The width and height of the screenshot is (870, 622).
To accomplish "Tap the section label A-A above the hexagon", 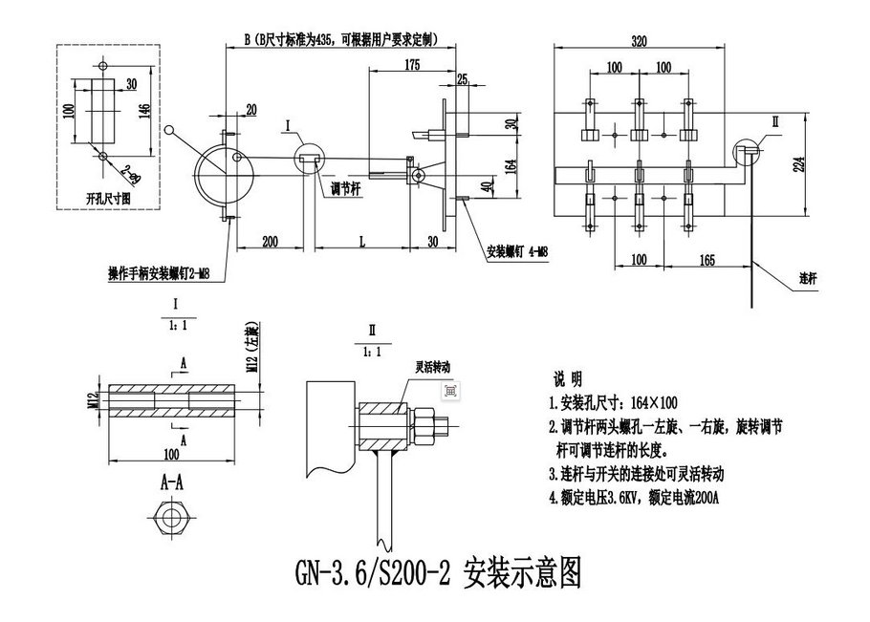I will tap(172, 484).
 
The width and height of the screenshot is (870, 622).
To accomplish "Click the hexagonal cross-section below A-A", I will tap(172, 519).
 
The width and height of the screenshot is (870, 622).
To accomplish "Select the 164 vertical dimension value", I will tap(511, 161).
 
